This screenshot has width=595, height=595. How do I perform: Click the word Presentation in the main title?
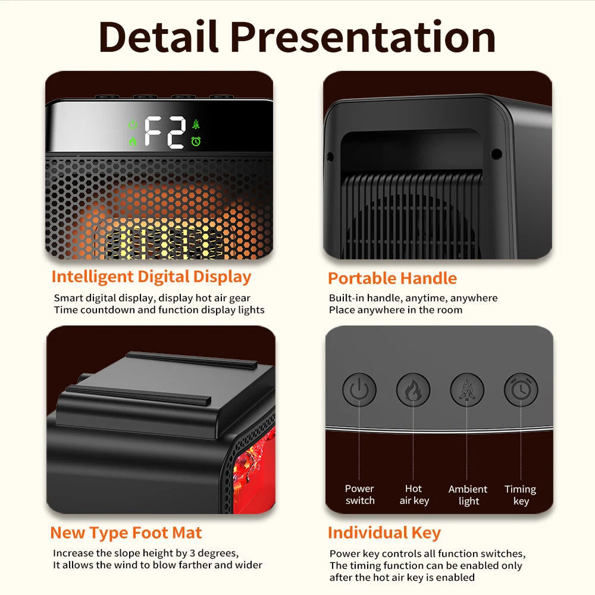point(363,36)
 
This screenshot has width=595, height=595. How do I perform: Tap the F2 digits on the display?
point(165,132)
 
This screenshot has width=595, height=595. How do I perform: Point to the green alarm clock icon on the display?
point(196,142)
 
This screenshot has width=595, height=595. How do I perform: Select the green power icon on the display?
point(133,125)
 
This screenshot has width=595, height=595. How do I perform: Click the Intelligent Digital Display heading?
point(151,277)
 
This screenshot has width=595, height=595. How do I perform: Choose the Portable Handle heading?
point(392,278)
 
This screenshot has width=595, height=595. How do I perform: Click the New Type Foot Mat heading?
point(126,533)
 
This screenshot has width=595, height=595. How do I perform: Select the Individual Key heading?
point(384,533)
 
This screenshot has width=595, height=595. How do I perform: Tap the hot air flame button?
point(413,390)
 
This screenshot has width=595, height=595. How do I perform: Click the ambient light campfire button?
point(467,390)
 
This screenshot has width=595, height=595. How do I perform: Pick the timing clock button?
point(521,390)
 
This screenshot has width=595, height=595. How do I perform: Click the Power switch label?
point(360,494)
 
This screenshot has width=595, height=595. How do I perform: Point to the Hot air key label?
point(414,494)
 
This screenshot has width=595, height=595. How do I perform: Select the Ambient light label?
point(468,494)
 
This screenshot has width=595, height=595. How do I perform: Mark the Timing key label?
point(521,494)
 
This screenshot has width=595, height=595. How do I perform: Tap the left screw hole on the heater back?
point(330,156)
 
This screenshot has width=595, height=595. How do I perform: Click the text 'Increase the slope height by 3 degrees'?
point(146,553)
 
